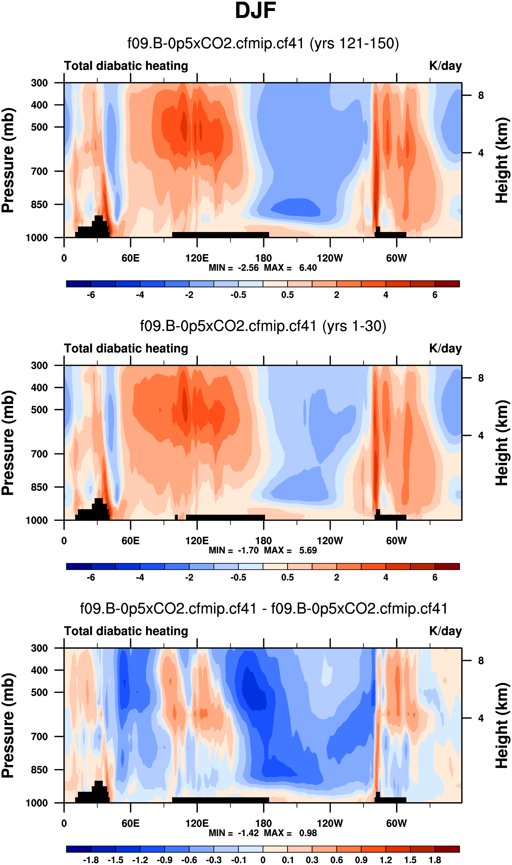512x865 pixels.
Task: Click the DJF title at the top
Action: pos(255,11)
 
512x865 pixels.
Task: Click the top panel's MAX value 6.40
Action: pos(308,268)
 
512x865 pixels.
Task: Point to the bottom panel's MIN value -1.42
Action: pos(248,833)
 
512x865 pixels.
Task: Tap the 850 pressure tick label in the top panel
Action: pos(39,204)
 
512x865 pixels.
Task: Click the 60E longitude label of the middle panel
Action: pos(130,541)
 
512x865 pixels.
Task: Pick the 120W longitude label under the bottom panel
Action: pos(330,823)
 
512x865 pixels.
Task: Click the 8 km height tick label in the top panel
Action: pos(481,95)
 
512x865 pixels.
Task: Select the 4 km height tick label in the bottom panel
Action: pos(481,718)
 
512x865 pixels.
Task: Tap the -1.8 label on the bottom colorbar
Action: pos(91,860)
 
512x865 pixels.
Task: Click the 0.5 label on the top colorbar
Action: pos(287,295)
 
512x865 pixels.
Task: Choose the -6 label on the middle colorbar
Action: pos(91,577)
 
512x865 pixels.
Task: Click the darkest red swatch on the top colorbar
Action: pos(447,284)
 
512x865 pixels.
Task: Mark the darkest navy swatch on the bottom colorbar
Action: pos(79,849)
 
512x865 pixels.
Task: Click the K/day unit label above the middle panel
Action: pos(445,349)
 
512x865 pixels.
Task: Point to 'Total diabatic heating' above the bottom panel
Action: pos(126,631)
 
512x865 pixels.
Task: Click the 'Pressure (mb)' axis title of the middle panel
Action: pos(8,443)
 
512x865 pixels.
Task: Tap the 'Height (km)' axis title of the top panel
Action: pos(502,160)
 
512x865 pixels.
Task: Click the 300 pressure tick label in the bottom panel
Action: pos(39,648)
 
